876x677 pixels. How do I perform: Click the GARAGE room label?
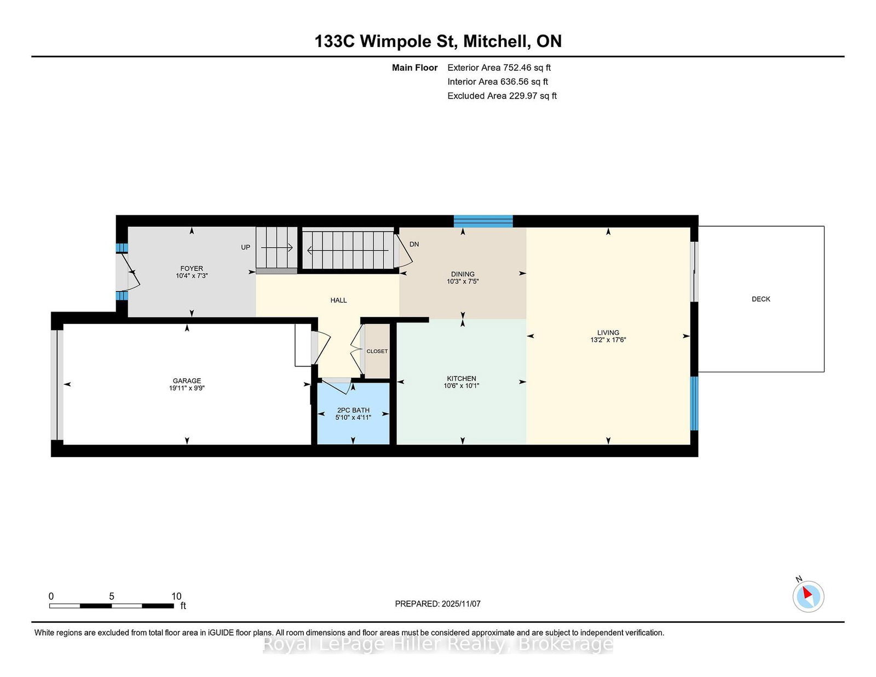187,381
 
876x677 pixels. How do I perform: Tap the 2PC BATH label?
353,410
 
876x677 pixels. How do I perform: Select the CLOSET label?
377,351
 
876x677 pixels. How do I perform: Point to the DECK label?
760,299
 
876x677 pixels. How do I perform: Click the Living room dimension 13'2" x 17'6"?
608,340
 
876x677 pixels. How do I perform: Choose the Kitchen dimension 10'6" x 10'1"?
461,386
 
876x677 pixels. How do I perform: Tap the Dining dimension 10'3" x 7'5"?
463,281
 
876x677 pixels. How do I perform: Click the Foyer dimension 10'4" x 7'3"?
192,276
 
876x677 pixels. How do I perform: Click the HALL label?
338,300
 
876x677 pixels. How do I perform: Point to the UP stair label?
245,247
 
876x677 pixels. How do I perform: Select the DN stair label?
414,244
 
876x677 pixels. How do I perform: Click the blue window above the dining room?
483,221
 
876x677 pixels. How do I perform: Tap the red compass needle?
807,593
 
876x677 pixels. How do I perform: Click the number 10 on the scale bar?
176,596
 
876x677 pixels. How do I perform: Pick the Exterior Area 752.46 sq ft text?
499,68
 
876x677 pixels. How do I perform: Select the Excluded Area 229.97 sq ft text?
502,96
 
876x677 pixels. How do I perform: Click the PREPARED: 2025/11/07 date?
437,604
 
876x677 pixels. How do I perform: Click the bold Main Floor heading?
414,68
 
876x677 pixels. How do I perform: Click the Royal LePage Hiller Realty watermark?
437,644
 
